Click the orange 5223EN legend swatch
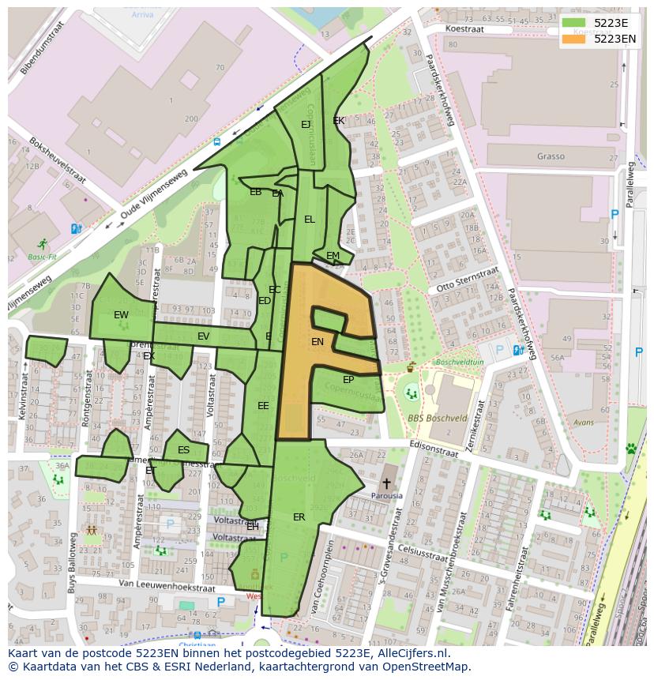coord(573,39)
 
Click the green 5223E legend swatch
coord(573,23)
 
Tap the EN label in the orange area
coord(318,342)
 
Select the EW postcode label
coord(121,315)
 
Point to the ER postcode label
coord(299,517)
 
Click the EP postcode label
coord(348,380)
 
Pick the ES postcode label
coord(183,451)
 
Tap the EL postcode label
coord(310,220)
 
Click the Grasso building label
coord(551,156)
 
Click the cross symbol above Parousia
coord(386,483)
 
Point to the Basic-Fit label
coord(42,257)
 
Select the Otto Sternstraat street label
coord(468,280)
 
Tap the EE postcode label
coord(263,406)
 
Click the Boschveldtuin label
coord(459,363)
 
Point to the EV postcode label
coord(203,336)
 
